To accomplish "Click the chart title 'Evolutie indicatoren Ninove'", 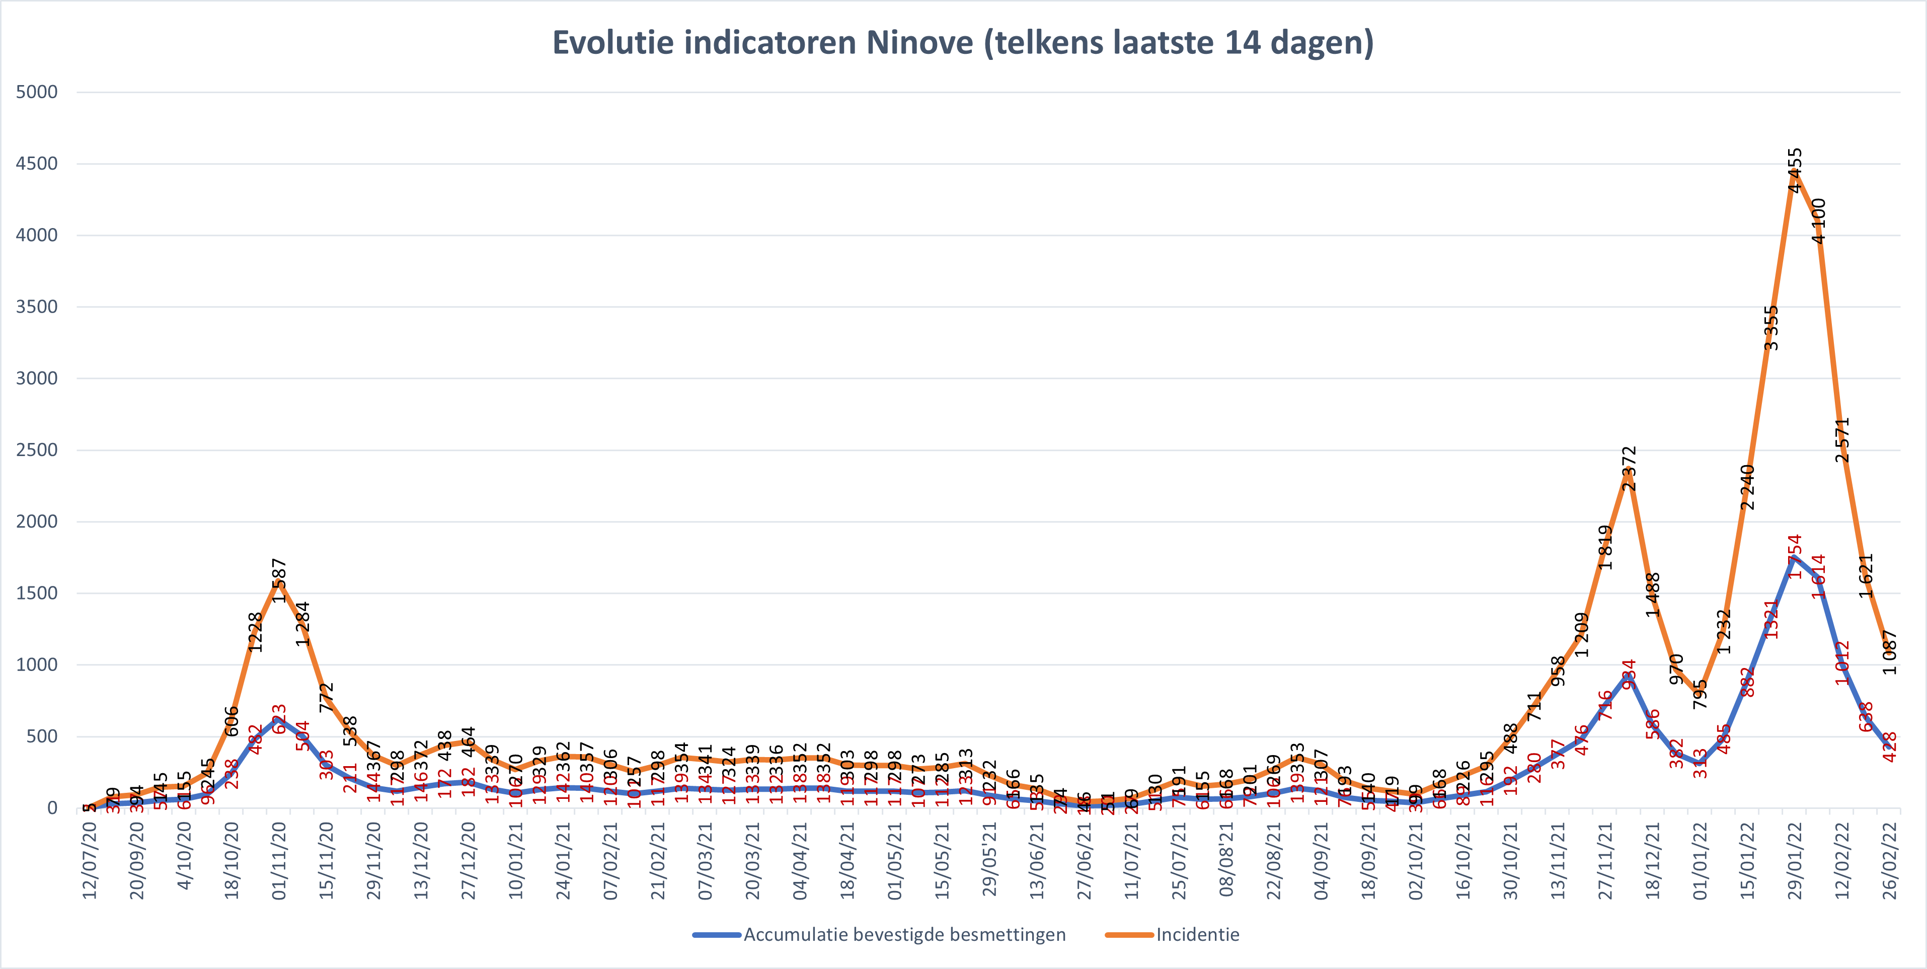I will [x=963, y=43].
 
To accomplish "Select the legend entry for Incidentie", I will [x=1197, y=935].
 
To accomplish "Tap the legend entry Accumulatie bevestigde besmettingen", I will [x=904, y=935].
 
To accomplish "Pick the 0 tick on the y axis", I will [x=52, y=807].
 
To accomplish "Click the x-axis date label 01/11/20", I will [x=279, y=860].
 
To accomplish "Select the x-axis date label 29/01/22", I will [x=1795, y=860].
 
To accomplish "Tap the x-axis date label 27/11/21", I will [x=1605, y=860].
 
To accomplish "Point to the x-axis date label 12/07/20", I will [x=90, y=860].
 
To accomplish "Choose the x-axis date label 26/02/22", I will [x=1890, y=860].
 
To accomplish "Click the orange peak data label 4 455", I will [x=1795, y=171].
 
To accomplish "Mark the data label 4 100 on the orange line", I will [x=1818, y=221].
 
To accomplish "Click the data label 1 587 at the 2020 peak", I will [x=279, y=581].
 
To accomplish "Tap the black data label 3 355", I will [x=1770, y=328].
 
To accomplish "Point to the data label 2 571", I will [x=1842, y=440].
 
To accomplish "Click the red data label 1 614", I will [x=1818, y=576].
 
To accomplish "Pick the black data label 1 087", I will [x=1890, y=652].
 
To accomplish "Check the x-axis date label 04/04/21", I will [x=800, y=860].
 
